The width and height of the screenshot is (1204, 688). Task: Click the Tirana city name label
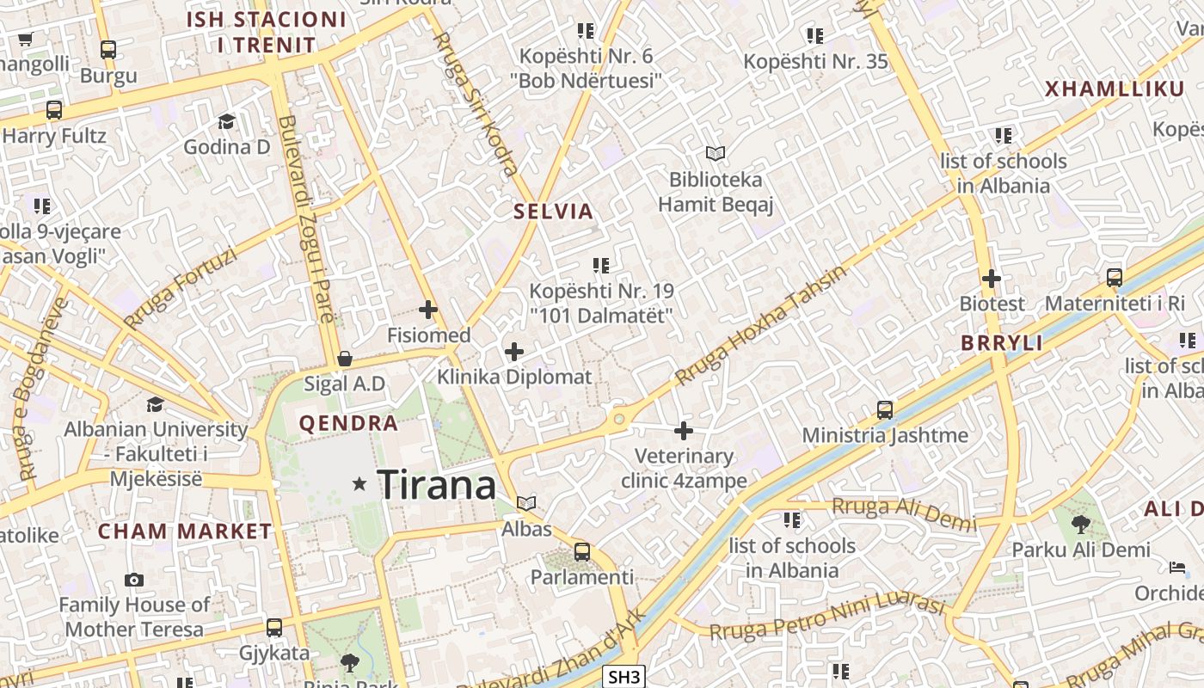tap(437, 485)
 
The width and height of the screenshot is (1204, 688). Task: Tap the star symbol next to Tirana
tap(359, 485)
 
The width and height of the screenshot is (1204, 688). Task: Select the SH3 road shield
tap(623, 677)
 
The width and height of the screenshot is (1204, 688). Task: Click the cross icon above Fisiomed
tap(427, 310)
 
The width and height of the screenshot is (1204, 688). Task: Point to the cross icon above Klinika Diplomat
tap(514, 352)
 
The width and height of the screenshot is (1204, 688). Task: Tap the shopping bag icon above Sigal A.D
tap(345, 359)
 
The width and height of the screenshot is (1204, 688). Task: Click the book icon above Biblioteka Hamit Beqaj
tap(716, 154)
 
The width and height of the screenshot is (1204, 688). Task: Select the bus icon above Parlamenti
tap(582, 551)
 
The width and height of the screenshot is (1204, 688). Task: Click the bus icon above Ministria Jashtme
tap(884, 409)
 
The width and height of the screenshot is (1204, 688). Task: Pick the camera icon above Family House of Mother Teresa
tap(133, 580)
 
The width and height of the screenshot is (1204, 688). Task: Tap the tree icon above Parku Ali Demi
tap(1080, 524)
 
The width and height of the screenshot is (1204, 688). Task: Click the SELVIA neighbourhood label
tap(554, 212)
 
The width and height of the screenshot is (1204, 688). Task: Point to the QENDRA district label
tap(348, 423)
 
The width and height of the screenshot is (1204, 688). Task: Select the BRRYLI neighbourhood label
tap(1002, 343)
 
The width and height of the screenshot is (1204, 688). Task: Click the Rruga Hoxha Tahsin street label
tap(760, 326)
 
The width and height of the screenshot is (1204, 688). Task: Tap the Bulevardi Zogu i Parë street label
tap(306, 219)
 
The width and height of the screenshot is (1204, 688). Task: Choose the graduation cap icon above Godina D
tap(226, 121)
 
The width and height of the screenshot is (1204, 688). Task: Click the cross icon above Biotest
tap(992, 279)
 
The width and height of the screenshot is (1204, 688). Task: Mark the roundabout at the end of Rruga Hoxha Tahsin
tap(618, 421)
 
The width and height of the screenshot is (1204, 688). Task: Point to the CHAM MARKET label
tap(185, 531)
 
